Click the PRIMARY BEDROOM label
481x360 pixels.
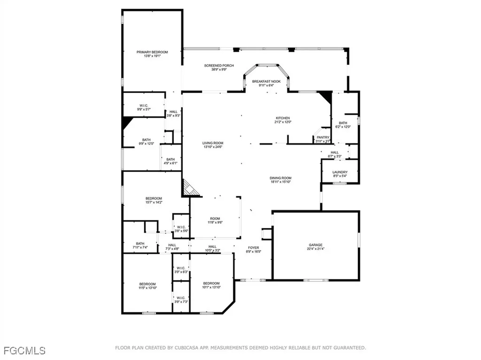[152, 52]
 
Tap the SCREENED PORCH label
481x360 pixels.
[219, 66]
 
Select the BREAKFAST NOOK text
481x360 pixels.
[266, 81]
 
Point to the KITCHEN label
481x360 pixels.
[282, 118]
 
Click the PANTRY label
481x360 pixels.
[323, 138]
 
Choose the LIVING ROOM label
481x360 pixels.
[212, 143]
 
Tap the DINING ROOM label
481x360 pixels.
[280, 178]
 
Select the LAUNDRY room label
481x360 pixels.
[340, 172]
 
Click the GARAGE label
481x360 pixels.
[315, 245]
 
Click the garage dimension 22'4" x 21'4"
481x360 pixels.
[315, 250]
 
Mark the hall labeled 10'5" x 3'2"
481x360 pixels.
[212, 249]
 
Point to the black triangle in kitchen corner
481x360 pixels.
[325, 97]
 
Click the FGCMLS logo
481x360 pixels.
[24, 350]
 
